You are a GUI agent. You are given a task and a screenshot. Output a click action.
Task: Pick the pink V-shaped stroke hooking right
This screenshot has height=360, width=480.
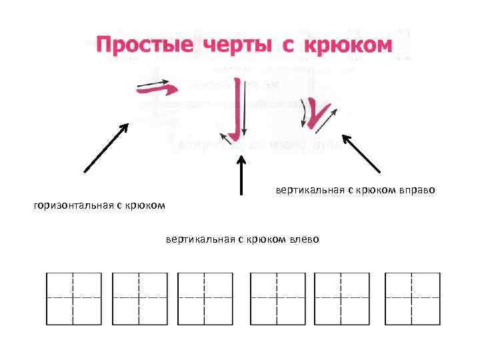pyautogui.click(x=318, y=115)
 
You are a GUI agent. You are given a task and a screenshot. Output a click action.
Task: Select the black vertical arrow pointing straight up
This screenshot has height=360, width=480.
pyautogui.click(x=242, y=175)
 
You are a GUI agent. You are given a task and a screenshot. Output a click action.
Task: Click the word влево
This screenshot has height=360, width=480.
pyautogui.click(x=303, y=239)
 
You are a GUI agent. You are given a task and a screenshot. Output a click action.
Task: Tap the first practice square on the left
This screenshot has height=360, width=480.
pyautogui.click(x=73, y=299)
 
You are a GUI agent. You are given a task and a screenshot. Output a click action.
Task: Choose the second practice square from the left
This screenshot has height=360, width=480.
pyautogui.click(x=139, y=299)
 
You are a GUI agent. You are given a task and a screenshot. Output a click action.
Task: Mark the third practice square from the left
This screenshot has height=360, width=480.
pyautogui.click(x=205, y=299)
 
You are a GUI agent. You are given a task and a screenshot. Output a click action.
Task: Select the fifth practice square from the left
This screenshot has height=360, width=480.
pyautogui.click(x=341, y=299)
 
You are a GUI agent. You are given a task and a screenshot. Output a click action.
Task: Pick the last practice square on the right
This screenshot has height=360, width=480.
pyautogui.click(x=412, y=299)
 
